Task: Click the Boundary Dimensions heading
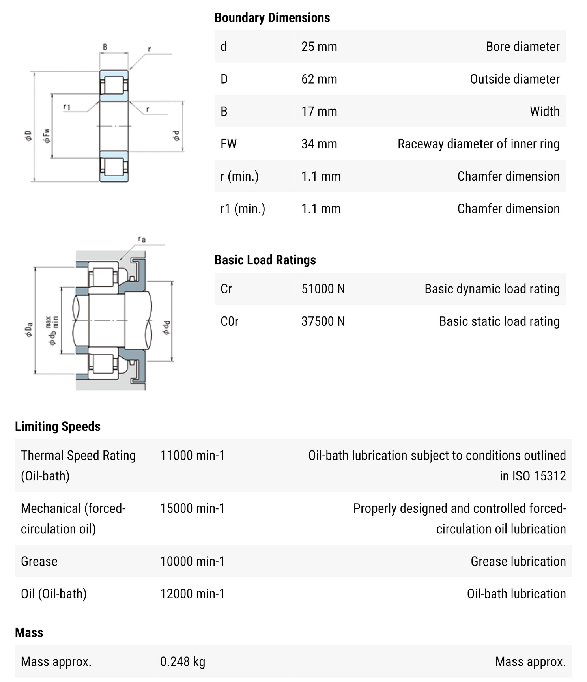point(272,18)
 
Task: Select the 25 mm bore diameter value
point(319,47)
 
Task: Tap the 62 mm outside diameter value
point(319,79)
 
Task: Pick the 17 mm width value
point(319,112)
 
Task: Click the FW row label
point(228,144)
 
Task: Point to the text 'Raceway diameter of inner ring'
point(478,144)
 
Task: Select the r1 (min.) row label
point(242,209)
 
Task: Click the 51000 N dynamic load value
point(323,289)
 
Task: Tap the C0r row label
point(229,321)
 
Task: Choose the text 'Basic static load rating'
point(499,321)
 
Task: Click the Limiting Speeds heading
point(58,426)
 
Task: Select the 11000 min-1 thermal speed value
point(192,456)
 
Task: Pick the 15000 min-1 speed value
point(192,508)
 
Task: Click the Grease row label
point(39,561)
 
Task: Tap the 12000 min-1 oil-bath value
point(192,594)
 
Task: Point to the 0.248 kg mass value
point(182,661)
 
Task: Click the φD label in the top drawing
point(28,136)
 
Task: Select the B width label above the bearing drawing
point(105,47)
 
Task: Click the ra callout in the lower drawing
point(142,239)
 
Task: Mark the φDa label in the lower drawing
point(29,330)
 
